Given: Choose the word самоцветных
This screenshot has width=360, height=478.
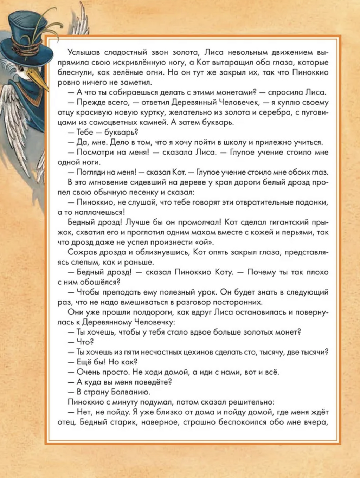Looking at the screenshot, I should click(110, 122).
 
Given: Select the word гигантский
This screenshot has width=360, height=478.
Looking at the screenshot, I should click(288, 222).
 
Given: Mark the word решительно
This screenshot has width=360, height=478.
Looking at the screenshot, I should click(251, 402).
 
